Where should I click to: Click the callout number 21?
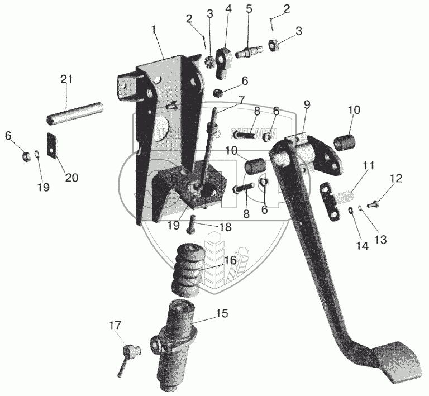[x=66, y=80]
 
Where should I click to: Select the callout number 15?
[x=222, y=313]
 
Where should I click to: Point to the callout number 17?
[x=115, y=325]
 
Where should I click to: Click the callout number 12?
[x=395, y=179]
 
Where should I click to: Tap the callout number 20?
[x=71, y=178]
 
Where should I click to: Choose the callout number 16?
[x=230, y=260]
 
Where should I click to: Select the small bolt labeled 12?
[x=375, y=204]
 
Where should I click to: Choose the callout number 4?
[x=227, y=9]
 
